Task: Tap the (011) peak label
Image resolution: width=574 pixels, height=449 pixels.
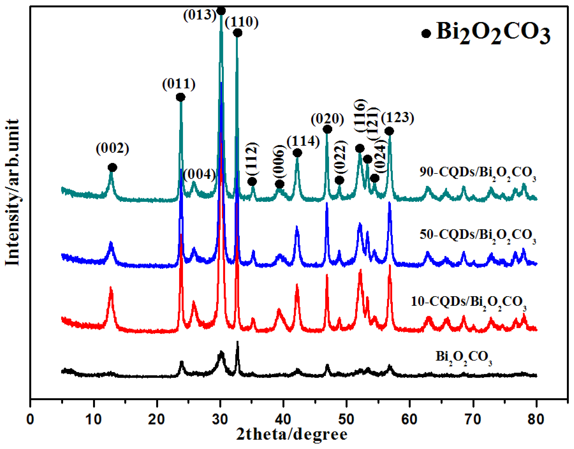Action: tap(179, 84)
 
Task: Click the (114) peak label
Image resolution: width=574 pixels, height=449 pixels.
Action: tap(303, 141)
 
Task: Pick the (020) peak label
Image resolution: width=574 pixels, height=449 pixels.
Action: tap(327, 119)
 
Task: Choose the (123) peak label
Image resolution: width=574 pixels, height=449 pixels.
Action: tap(397, 118)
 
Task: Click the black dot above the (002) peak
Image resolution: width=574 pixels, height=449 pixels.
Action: tap(113, 167)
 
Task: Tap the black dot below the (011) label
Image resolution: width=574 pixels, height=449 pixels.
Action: tap(180, 97)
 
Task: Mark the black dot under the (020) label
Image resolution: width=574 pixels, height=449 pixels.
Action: tap(327, 129)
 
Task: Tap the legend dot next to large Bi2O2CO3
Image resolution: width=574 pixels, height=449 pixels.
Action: tap(426, 34)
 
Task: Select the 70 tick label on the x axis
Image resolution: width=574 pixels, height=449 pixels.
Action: tap(473, 419)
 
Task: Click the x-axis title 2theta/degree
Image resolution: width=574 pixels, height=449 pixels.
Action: tap(292, 435)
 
